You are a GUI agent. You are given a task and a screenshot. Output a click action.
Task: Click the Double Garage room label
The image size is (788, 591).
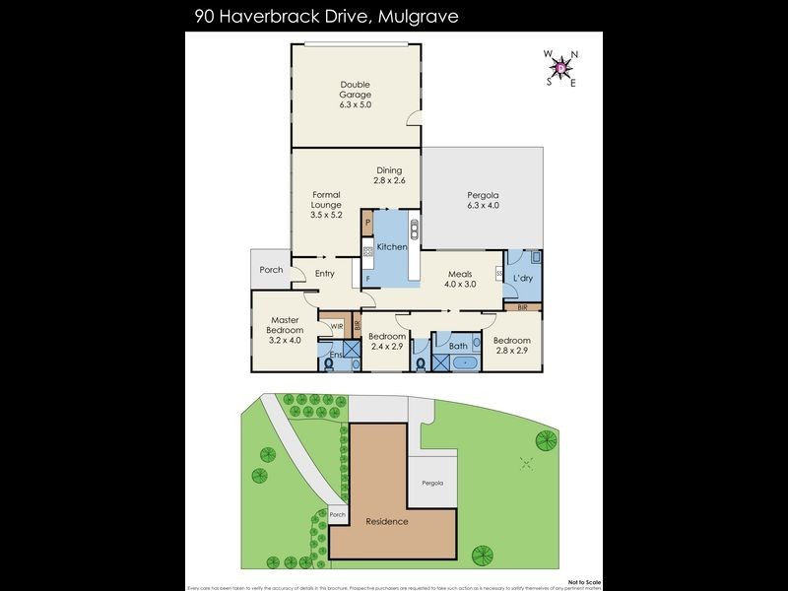click(356, 94)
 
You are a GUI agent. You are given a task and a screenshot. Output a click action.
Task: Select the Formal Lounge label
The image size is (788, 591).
click(326, 205)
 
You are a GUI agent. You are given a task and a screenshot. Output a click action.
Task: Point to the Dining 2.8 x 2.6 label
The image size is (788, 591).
click(389, 175)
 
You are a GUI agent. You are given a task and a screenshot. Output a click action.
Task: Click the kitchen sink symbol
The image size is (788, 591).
click(415, 233)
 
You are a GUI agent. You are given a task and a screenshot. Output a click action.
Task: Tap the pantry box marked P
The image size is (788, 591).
click(367, 224)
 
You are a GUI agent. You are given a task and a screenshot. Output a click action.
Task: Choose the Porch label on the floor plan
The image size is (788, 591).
click(271, 270)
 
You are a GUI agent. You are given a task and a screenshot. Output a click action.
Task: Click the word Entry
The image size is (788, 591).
click(325, 274)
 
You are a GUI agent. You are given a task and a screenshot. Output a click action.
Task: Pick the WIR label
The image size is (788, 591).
click(336, 326)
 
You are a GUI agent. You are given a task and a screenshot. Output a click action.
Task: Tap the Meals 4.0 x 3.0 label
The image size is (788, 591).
click(461, 279)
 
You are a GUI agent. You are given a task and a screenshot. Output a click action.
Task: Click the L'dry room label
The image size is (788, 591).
click(523, 279)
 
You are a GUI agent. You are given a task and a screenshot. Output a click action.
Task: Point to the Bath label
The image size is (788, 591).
click(458, 346)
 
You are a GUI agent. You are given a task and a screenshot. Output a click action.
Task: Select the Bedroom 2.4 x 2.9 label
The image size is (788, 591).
click(387, 342)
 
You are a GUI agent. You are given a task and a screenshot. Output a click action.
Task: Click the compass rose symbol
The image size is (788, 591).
click(561, 68)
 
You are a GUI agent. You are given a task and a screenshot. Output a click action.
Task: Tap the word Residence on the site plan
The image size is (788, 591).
click(387, 521)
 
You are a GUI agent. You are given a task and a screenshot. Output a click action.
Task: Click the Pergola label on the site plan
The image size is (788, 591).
click(432, 484)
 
